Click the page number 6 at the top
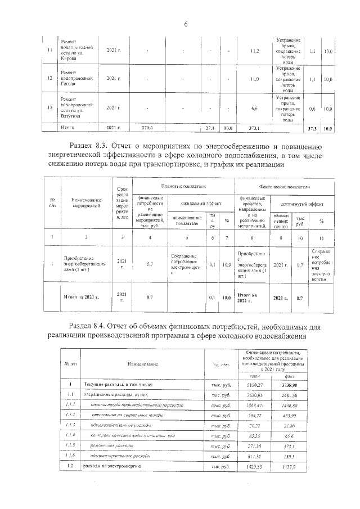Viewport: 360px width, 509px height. point(184,24)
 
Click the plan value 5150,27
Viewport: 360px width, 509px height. point(255,384)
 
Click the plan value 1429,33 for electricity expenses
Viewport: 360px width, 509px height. point(255,467)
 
